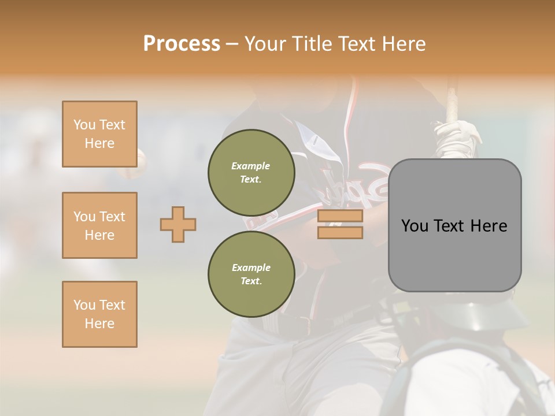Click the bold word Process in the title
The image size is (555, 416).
click(x=182, y=43)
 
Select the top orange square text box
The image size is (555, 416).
click(x=99, y=134)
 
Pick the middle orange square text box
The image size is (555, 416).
click(x=99, y=225)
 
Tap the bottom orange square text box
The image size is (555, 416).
click(x=99, y=314)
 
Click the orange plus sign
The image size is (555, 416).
click(x=178, y=224)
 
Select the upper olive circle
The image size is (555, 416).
click(x=251, y=172)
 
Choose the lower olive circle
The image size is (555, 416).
click(x=251, y=274)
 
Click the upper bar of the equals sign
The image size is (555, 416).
click(x=340, y=216)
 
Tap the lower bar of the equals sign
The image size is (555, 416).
click(x=340, y=232)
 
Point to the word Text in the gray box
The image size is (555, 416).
click(x=454, y=226)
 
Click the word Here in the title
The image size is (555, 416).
click(x=403, y=43)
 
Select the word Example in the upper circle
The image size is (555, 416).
click(x=250, y=166)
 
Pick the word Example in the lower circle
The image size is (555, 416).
click(x=251, y=268)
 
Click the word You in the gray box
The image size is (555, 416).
click(x=415, y=226)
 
